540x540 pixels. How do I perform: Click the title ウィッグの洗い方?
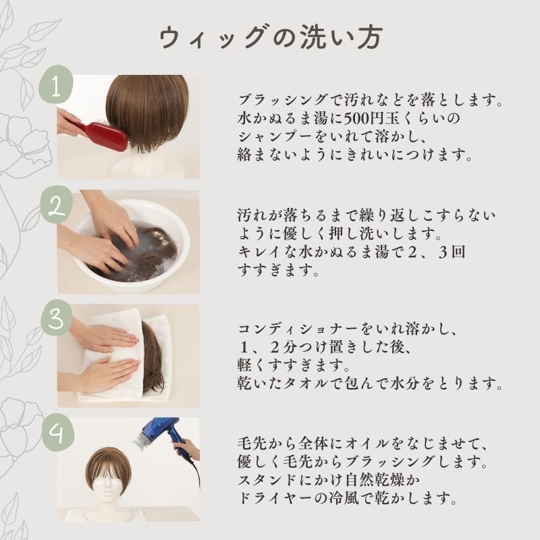(271, 37)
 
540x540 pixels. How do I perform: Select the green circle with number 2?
(56, 205)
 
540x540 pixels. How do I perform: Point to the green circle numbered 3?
(56, 318)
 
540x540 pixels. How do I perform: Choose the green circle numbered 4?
(57, 433)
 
